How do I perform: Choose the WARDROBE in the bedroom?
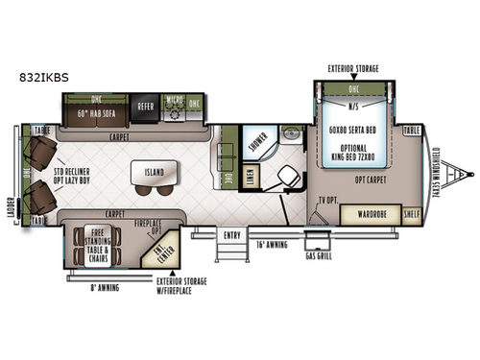click(x=367, y=214)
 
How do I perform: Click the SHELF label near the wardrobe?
click(x=411, y=214)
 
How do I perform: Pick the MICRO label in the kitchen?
click(x=175, y=100)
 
